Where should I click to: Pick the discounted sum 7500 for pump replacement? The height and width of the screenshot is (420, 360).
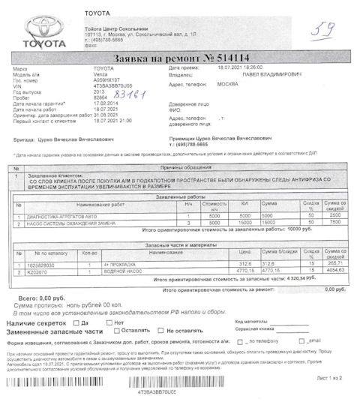tap(335, 222)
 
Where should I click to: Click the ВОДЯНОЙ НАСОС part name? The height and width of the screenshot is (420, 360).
tap(132, 271)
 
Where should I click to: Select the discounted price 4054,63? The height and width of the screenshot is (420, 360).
tap(333, 271)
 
